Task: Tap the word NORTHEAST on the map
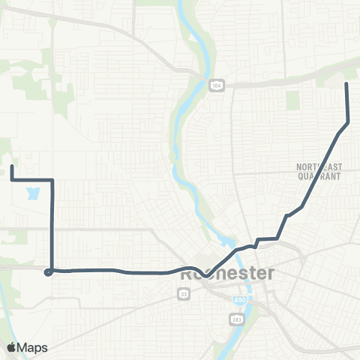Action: [x=319, y=167]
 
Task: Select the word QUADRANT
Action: [x=319, y=176]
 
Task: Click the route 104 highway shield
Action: [x=216, y=84]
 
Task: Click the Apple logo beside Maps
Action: [x=13, y=347]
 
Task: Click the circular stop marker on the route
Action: [x=48, y=272]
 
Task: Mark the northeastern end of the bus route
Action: [x=346, y=83]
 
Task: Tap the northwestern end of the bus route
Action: [x=12, y=166]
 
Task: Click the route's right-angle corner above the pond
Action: [x=52, y=180]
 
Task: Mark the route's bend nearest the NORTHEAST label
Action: [x=301, y=205]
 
